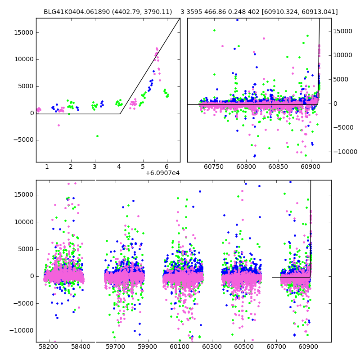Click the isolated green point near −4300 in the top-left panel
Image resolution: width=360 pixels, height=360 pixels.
(x=97, y=136)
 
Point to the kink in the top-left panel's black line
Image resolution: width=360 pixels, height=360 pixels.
(x=120, y=114)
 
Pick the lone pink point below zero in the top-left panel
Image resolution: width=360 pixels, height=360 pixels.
(x=58, y=125)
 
